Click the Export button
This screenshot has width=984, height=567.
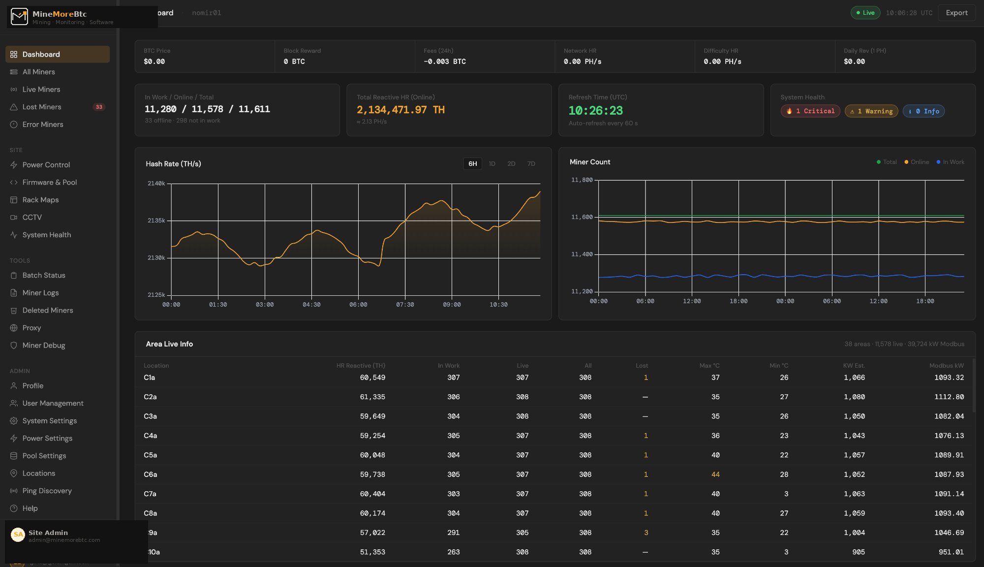click(956, 13)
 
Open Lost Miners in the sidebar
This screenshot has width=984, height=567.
click(42, 107)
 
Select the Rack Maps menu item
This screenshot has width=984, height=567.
click(40, 200)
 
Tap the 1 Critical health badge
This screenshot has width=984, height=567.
click(810, 111)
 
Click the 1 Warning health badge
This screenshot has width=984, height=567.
click(871, 111)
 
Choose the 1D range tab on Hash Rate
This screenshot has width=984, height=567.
click(492, 164)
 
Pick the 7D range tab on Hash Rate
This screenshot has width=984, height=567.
click(531, 164)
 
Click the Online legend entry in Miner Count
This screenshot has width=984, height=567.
click(917, 162)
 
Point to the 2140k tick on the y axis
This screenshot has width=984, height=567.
click(156, 184)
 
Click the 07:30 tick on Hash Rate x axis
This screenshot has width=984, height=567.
click(405, 305)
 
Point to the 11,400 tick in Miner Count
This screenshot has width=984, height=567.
click(582, 254)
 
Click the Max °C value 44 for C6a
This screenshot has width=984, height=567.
click(715, 474)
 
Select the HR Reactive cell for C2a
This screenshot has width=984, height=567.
click(372, 397)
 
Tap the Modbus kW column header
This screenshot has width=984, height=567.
click(946, 366)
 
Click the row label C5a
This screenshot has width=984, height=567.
click(150, 455)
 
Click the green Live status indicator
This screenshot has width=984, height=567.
click(865, 13)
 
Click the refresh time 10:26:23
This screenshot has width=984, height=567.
click(595, 111)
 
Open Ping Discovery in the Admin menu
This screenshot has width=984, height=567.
click(47, 491)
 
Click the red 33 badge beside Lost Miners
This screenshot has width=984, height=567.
click(99, 107)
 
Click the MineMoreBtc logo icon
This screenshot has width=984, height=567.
click(19, 16)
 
